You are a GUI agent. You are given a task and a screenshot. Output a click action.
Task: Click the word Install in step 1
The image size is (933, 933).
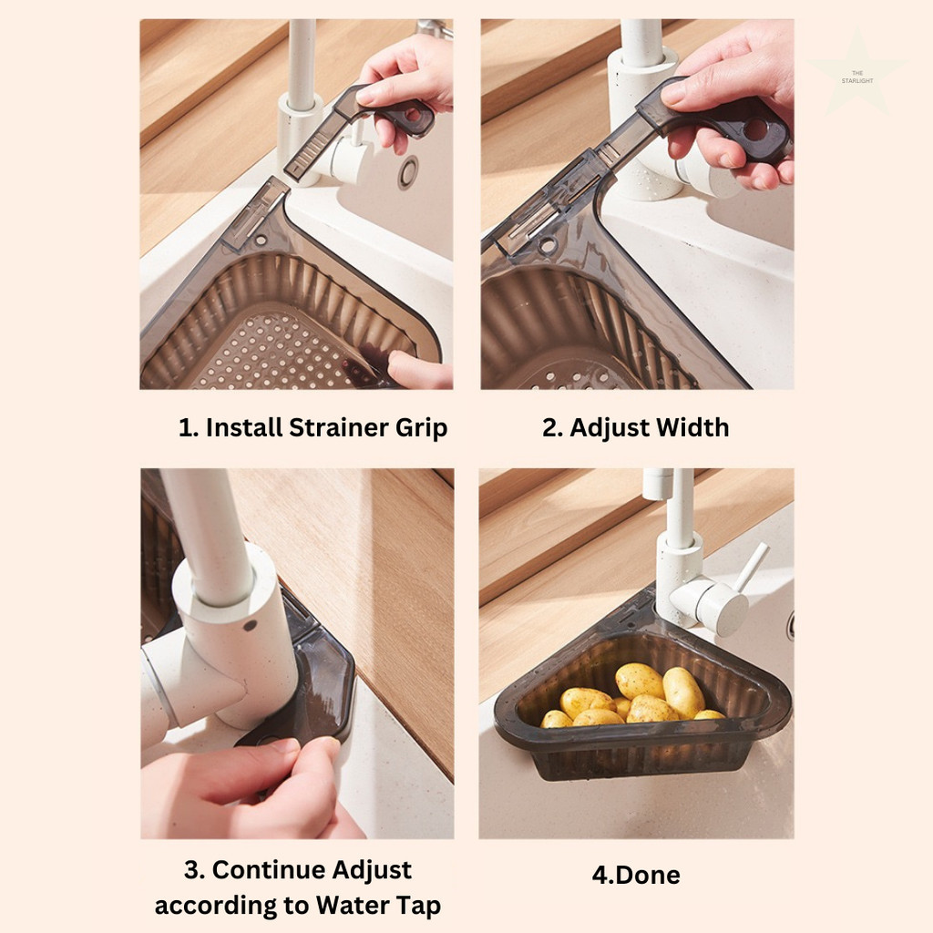[244, 427]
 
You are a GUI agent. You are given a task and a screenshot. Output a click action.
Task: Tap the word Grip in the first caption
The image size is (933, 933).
[421, 428]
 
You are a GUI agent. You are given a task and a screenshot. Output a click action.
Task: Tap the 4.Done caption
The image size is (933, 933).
[636, 875]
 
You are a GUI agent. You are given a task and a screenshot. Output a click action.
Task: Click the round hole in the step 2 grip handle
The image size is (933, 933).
[754, 129]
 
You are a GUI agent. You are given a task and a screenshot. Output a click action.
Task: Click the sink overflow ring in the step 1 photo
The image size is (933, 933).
[408, 172]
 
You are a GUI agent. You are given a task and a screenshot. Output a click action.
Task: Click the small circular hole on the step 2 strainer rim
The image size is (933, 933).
[548, 244]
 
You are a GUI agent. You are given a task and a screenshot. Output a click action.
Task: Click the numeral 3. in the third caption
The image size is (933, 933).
[194, 870]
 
